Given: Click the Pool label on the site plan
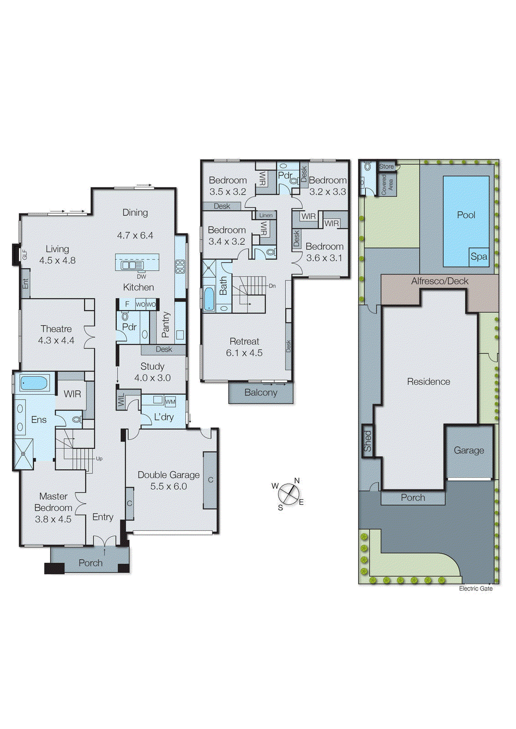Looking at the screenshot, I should pyautogui.click(x=466, y=215).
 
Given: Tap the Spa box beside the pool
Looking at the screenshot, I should pyautogui.click(x=479, y=257).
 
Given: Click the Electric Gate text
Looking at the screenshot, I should pyautogui.click(x=475, y=589).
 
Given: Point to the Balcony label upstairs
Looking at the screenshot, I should pyautogui.click(x=261, y=393).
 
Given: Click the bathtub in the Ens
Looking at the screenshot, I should pyautogui.click(x=34, y=383).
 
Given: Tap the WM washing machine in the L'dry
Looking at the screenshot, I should pyautogui.click(x=170, y=402).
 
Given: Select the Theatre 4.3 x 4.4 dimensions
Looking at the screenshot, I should pyautogui.click(x=56, y=340).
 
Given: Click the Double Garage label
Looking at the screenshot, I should pyautogui.click(x=169, y=475).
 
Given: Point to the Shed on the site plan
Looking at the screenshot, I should pyautogui.click(x=368, y=441).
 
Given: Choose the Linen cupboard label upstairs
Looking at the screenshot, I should pyautogui.click(x=266, y=216).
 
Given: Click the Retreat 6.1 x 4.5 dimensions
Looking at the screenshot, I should pyautogui.click(x=244, y=353).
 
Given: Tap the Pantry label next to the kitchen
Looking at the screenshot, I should pyautogui.click(x=166, y=324).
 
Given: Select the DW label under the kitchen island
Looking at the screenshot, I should pyautogui.click(x=141, y=277).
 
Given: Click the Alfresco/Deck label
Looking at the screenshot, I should pyautogui.click(x=439, y=281).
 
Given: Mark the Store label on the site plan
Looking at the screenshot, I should pyautogui.click(x=386, y=166).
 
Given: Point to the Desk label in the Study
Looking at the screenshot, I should pyautogui.click(x=164, y=349).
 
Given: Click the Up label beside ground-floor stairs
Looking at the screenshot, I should pyautogui.click(x=99, y=459).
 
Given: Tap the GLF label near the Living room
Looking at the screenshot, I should pyautogui.click(x=25, y=255).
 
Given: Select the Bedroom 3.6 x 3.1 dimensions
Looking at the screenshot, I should pyautogui.click(x=324, y=258).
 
